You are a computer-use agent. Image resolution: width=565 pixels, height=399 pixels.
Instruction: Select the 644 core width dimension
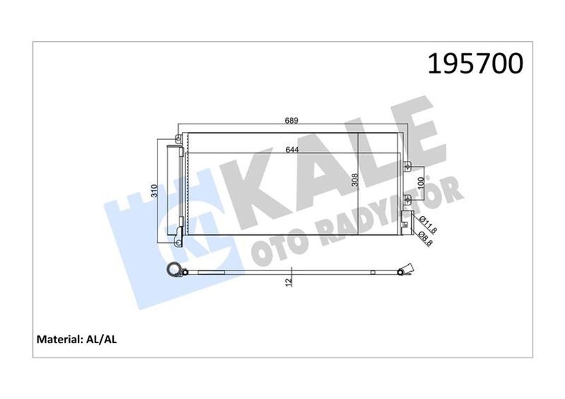(291, 149)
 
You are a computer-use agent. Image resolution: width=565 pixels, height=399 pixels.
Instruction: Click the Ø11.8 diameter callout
(426, 225)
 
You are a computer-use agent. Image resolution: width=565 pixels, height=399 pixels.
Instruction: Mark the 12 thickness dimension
(290, 282)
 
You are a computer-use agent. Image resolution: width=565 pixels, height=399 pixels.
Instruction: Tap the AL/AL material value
(103, 340)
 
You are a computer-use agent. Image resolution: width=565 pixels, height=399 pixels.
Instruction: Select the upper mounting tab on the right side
(408, 167)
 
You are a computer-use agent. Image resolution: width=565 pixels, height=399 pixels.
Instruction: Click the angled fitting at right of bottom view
(403, 269)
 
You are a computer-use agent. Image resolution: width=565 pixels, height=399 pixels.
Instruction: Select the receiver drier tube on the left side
(172, 191)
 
